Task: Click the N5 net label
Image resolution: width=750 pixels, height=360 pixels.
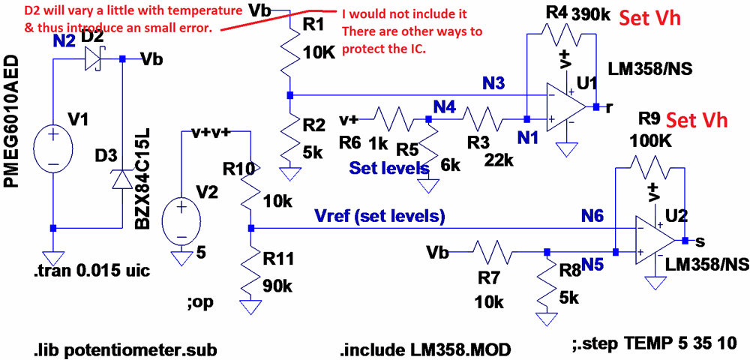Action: [x=593, y=264]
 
